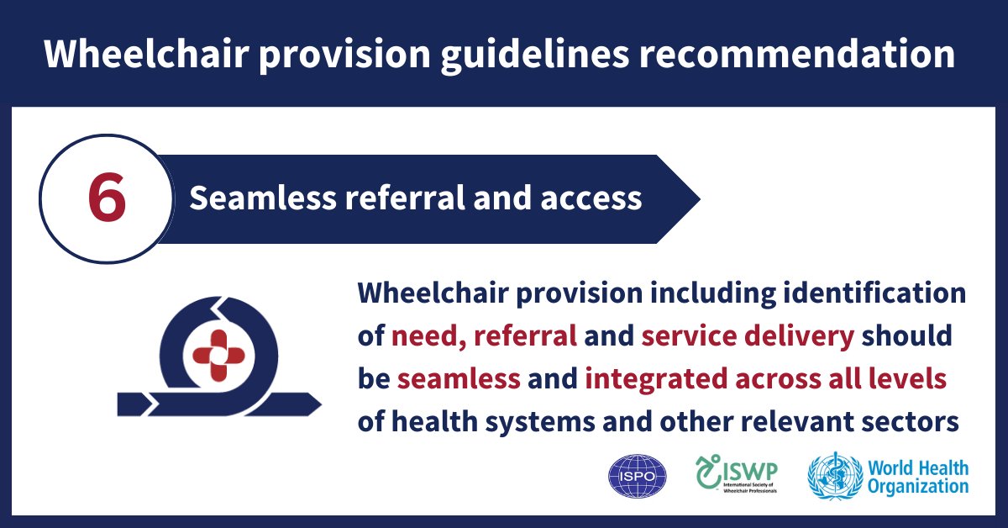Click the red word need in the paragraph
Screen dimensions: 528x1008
pos(425,336)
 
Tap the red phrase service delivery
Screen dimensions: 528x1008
pos(748,336)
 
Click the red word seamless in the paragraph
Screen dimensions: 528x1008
pos(459,378)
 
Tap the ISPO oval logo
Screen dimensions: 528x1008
pos(637,477)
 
